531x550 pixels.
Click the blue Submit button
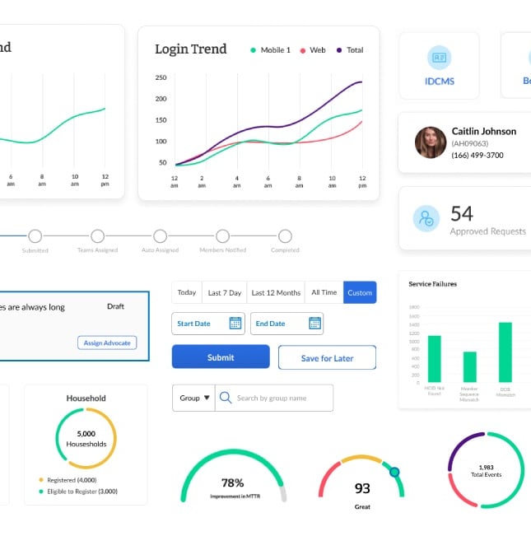tap(221, 357)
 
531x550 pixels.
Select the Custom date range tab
tap(360, 292)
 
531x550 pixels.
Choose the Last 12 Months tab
tap(276, 292)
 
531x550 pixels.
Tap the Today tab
tap(187, 292)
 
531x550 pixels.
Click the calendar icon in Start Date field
tap(235, 324)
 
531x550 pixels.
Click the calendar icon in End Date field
tap(314, 324)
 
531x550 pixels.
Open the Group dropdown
tap(194, 398)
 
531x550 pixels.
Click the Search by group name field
tap(275, 398)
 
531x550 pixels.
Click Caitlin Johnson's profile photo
tap(430, 142)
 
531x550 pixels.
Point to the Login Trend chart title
tap(191, 49)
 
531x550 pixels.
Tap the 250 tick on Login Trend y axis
tap(161, 78)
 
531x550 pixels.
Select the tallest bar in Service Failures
tap(505, 352)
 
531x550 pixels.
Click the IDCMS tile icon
tap(439, 58)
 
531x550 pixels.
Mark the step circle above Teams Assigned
tap(97, 236)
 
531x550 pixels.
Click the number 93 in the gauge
tap(362, 488)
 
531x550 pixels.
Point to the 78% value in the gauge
tap(233, 483)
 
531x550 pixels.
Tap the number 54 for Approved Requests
tap(462, 214)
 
